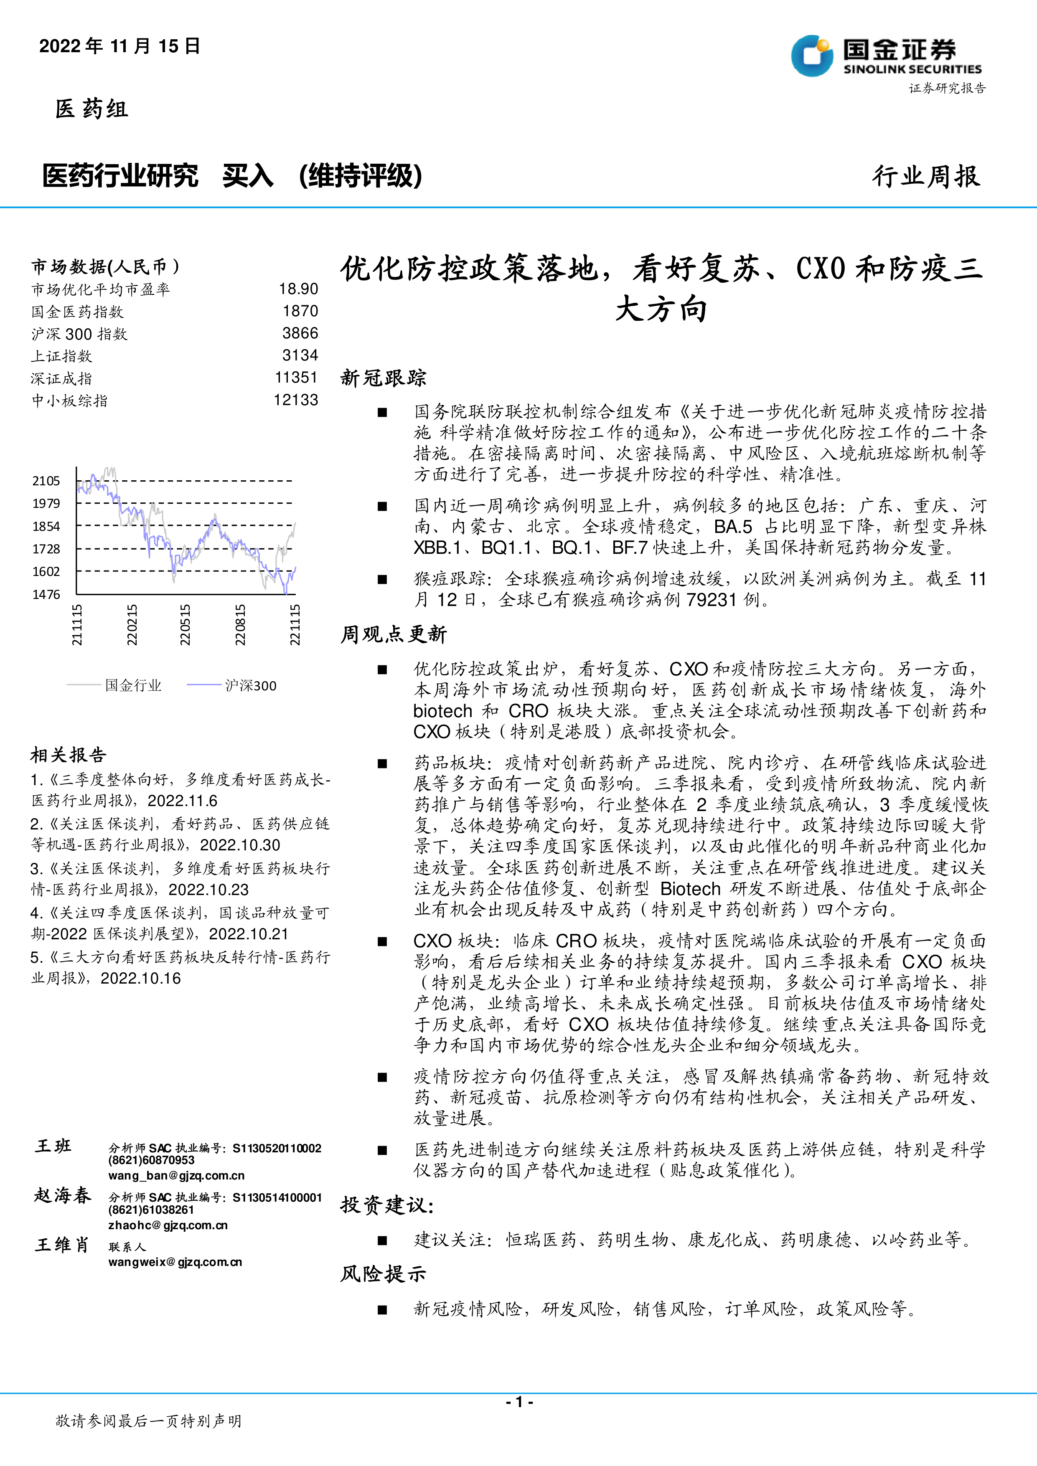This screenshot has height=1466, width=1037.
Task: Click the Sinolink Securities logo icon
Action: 812,56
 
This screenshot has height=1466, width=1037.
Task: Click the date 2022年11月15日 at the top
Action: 120,46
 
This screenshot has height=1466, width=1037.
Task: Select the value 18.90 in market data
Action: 298,289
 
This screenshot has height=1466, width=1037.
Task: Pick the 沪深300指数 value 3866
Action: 300,333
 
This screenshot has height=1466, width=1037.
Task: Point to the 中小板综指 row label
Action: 70,401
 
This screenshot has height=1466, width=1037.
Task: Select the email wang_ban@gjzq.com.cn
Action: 176,1175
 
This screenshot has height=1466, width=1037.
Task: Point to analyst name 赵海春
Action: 63,1195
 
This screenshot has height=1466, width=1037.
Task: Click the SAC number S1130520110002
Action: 277,1148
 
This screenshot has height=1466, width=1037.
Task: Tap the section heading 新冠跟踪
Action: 383,378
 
